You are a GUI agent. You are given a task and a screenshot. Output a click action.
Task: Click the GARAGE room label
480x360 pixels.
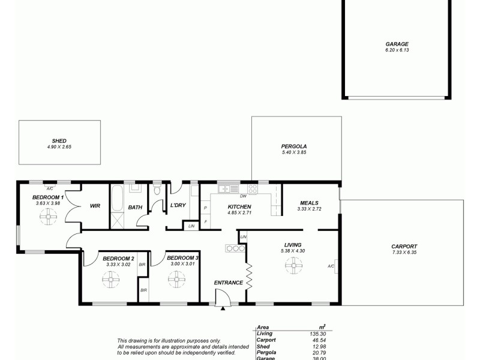click(397, 44)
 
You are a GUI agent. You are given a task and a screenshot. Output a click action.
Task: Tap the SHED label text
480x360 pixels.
click(59, 140)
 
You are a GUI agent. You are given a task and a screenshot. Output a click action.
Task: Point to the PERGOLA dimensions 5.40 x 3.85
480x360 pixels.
click(294, 153)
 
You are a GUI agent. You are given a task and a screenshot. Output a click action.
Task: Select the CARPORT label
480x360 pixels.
click(403, 246)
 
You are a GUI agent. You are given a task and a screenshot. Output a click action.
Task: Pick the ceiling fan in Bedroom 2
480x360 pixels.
click(110, 279)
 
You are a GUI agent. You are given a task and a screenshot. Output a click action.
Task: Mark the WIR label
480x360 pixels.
click(95, 206)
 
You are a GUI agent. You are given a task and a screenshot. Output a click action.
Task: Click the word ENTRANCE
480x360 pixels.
click(228, 283)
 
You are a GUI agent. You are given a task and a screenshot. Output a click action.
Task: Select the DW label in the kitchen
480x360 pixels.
click(243, 196)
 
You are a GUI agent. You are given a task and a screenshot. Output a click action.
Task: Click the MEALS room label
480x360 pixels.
click(308, 203)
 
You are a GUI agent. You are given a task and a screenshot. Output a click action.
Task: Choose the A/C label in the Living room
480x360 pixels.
click(331, 266)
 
